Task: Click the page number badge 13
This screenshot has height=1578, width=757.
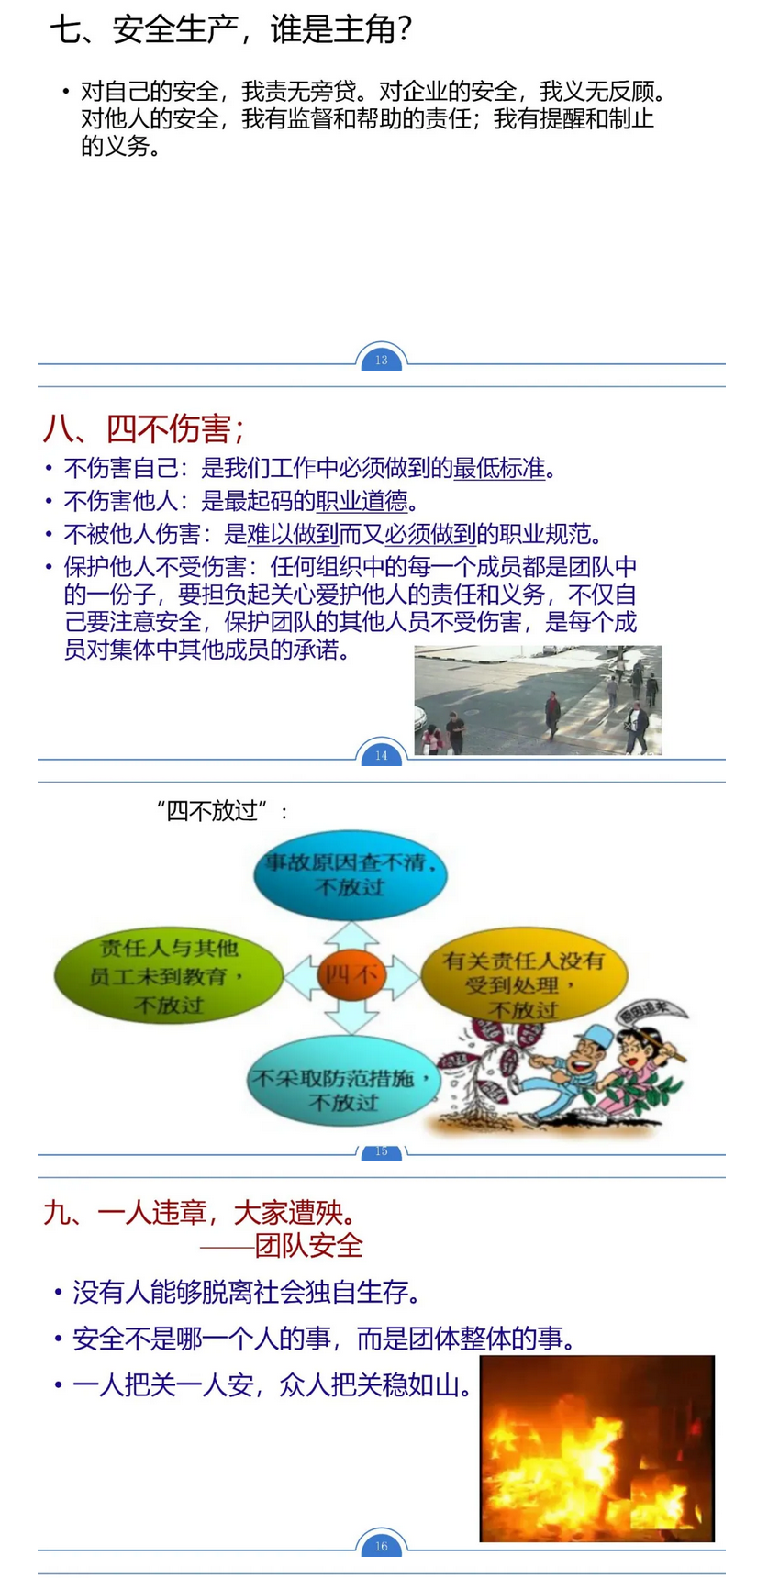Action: coord(381,360)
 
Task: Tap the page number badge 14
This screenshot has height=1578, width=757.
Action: coord(381,755)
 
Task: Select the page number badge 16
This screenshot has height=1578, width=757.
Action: coord(381,1546)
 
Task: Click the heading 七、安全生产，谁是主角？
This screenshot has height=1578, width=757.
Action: coord(231,30)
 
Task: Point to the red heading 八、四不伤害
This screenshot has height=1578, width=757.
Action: coord(144,428)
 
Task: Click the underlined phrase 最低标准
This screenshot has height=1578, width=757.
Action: coord(500,469)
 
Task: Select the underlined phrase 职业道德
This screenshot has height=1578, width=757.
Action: coord(362,501)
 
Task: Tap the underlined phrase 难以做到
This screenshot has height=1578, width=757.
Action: coord(293,534)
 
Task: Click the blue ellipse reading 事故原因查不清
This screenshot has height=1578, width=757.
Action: coord(351,874)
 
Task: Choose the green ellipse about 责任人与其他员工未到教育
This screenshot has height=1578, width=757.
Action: coord(169,975)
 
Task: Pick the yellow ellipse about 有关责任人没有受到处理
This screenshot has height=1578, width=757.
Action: coord(524,984)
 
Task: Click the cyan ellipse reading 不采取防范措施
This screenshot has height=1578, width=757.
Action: coord(344,1088)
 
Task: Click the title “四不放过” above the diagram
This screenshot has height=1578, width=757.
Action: coord(222,811)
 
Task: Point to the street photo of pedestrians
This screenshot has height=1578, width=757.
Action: coord(538,700)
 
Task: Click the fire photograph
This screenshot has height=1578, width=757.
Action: coord(596,1448)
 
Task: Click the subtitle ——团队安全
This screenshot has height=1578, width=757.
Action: coord(282,1245)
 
